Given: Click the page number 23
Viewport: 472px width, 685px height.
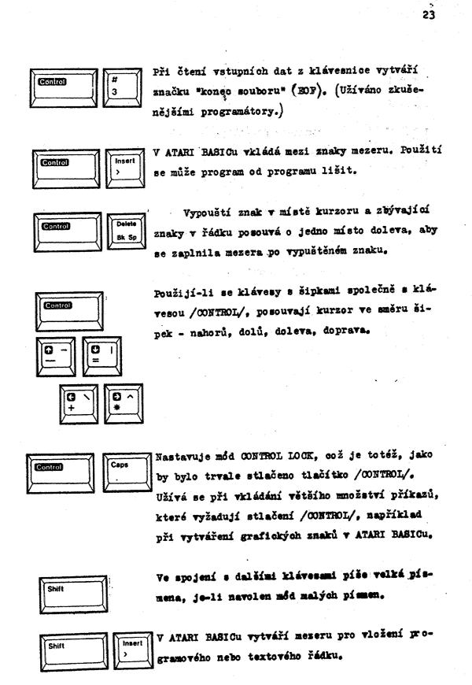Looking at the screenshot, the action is [x=428, y=15].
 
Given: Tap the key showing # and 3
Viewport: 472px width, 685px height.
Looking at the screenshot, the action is [x=122, y=87].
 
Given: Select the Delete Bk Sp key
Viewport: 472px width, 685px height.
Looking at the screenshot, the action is [x=127, y=231].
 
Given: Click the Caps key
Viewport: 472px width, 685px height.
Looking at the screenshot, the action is [x=127, y=472].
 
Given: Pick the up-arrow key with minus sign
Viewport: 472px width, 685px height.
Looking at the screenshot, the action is [x=56, y=357].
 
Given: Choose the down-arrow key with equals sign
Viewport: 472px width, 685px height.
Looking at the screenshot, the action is [x=102, y=356].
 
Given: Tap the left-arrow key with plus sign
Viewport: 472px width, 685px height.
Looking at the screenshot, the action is [x=79, y=404].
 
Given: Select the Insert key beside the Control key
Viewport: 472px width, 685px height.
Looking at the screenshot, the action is [x=125, y=168].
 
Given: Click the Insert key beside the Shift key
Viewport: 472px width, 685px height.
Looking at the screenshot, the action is [x=133, y=651].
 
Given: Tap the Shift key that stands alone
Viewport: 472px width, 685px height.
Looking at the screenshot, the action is [x=73, y=594].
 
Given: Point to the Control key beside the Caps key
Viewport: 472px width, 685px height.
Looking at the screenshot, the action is [x=61, y=473].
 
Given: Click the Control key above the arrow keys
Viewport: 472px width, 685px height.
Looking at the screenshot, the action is [x=69, y=312].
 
